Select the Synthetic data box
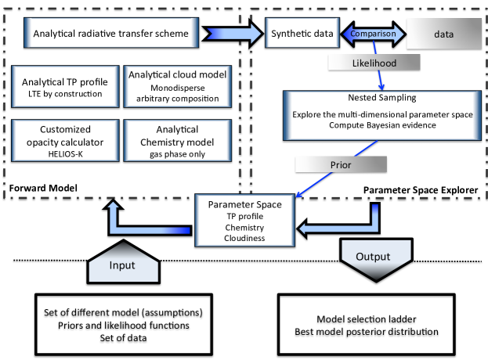pyautogui.click(x=302, y=34)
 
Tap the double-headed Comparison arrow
pyautogui.click(x=373, y=34)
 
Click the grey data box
pyautogui.click(x=443, y=36)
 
